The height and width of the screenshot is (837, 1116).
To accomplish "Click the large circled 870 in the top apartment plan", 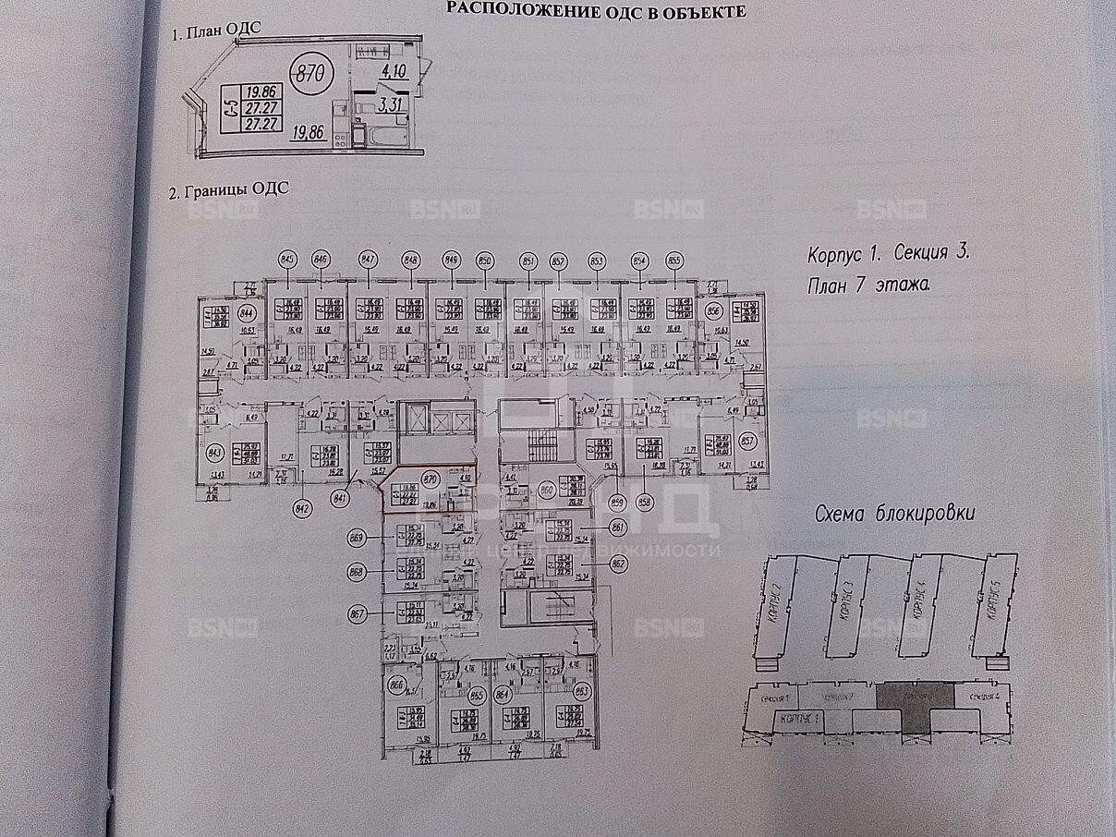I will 311,74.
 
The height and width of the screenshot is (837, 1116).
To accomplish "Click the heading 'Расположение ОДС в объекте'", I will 595,10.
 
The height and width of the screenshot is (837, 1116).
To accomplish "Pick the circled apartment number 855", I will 673,261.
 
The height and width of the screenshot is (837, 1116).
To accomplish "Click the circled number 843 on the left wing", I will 215,453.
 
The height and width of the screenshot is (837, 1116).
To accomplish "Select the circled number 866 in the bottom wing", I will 397,685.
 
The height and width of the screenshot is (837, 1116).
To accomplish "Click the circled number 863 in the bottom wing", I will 583,689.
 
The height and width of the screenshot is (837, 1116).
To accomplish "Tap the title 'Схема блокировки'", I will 894,515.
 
